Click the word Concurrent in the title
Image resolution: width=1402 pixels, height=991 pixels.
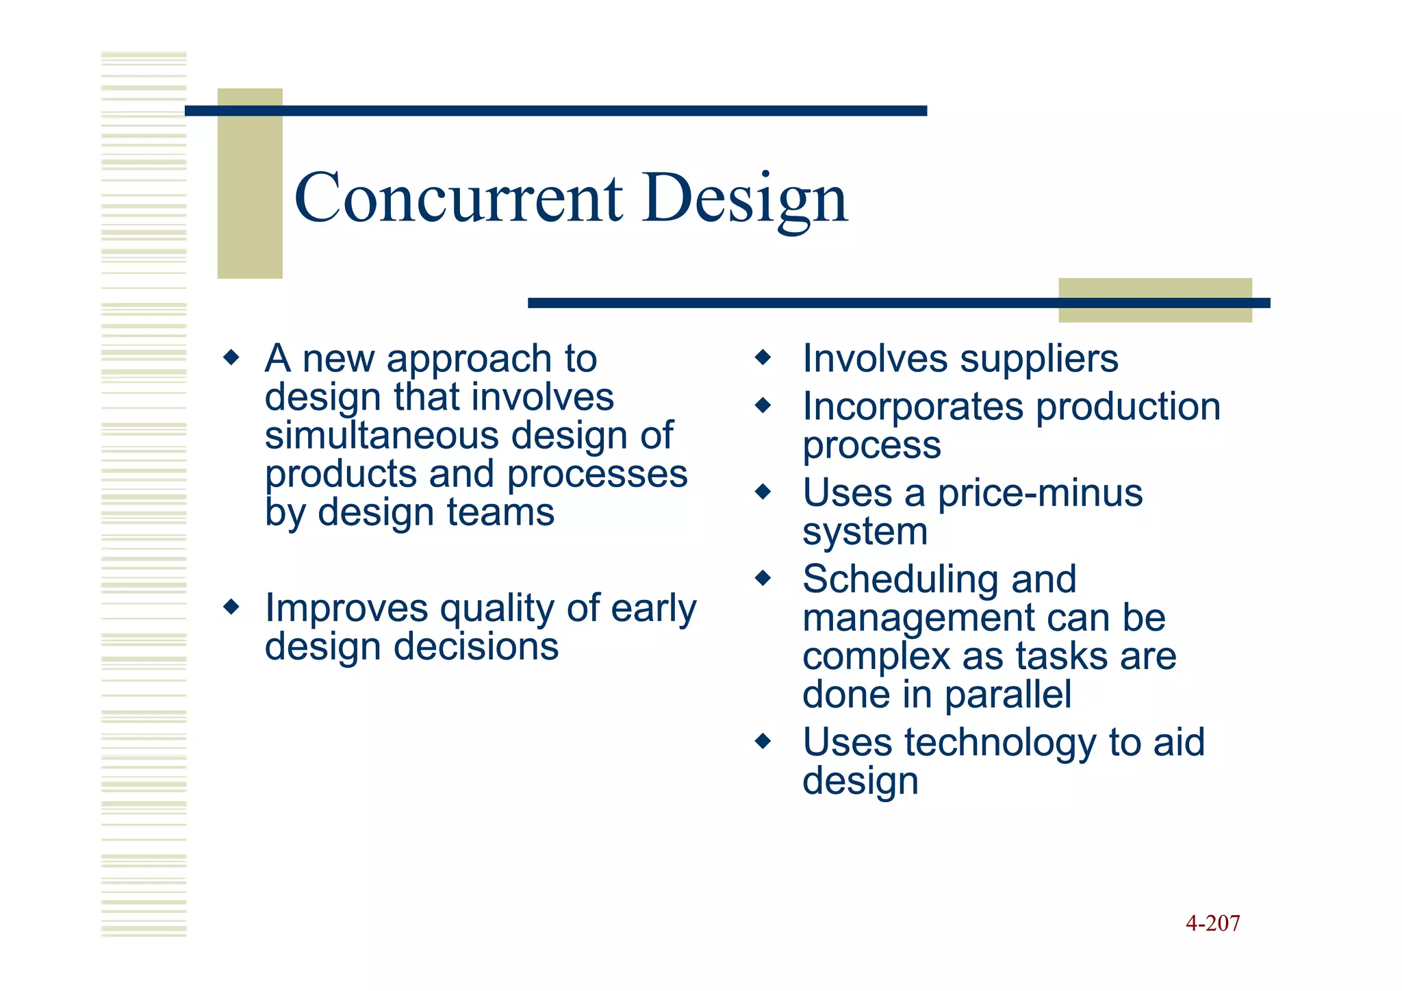458,198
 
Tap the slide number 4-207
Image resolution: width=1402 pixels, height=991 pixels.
1212,923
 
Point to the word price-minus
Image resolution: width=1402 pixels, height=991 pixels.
1040,493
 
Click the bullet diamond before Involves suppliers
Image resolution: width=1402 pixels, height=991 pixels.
763,357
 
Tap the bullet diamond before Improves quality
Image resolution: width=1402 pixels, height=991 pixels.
231,606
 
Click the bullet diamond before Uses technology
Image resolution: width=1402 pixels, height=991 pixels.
763,741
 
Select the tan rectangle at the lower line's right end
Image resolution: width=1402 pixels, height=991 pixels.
1155,314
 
